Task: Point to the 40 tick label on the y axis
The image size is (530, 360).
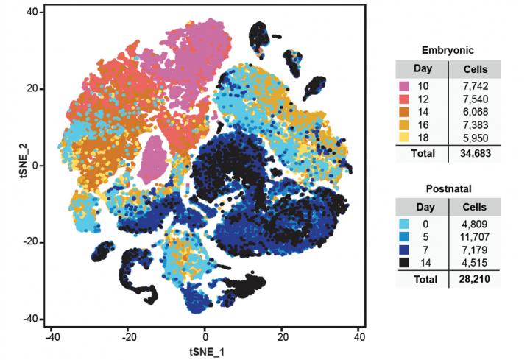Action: [x=32, y=12]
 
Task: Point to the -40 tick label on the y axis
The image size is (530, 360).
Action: [x=30, y=319]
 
